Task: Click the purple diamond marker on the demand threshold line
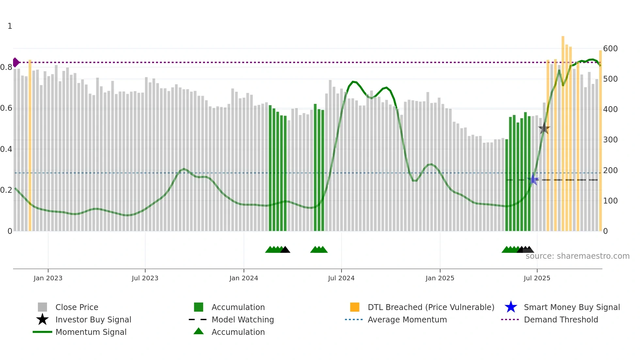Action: (16, 62)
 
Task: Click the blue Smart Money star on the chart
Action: (533, 179)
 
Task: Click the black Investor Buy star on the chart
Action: (544, 129)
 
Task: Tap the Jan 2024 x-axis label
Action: (244, 278)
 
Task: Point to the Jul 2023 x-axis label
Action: (145, 278)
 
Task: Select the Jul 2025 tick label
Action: (537, 278)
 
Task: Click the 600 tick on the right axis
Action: (610, 49)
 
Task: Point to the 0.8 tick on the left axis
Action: (6, 67)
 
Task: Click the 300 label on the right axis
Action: (610, 140)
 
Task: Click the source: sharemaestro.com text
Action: (577, 256)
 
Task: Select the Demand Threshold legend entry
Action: (561, 319)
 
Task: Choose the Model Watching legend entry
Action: (242, 319)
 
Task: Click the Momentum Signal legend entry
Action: (91, 332)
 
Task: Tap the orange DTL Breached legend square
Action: (355, 307)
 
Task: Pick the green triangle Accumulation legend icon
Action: (199, 331)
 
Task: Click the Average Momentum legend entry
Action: (407, 319)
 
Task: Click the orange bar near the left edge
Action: (30, 147)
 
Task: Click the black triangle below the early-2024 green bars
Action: (285, 250)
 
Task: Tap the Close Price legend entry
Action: (76, 307)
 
